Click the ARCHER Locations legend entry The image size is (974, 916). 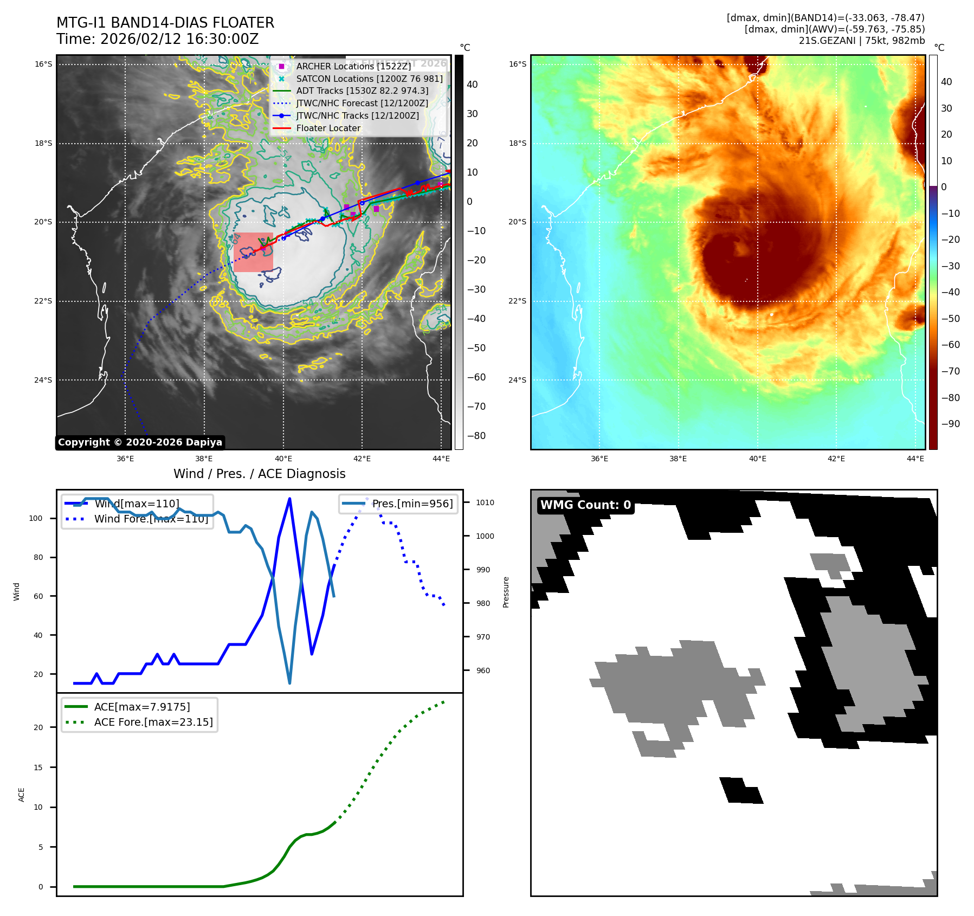(x=353, y=66)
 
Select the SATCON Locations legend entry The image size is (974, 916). (x=369, y=79)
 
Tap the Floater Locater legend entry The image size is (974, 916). (x=328, y=128)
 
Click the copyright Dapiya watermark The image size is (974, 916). (x=140, y=442)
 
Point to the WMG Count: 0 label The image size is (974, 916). (x=585, y=505)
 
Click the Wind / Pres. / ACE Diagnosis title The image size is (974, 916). (x=259, y=474)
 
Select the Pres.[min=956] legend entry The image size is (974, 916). (x=412, y=504)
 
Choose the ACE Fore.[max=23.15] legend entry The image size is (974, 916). (x=153, y=722)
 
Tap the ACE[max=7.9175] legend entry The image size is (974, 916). (x=142, y=707)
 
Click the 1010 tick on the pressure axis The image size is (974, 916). (x=485, y=502)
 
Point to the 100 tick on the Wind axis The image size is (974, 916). (x=36, y=518)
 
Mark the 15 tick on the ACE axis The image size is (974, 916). (x=38, y=767)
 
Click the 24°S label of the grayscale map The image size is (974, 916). (x=43, y=380)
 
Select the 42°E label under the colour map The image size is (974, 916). (x=836, y=459)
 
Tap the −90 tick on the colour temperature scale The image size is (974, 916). (x=950, y=424)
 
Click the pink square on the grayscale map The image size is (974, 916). (x=253, y=252)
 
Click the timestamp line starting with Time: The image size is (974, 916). (x=157, y=39)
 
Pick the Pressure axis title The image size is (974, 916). (x=506, y=592)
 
